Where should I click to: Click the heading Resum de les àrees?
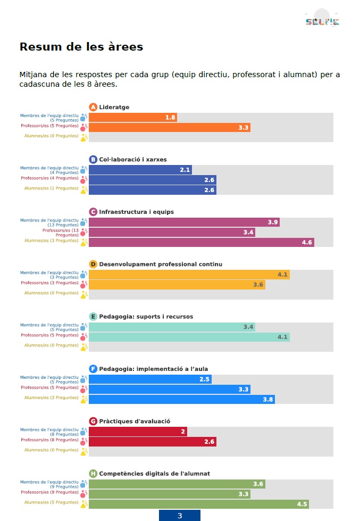coord(81,47)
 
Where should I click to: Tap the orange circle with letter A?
coord(93,107)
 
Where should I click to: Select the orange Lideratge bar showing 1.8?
coord(132,118)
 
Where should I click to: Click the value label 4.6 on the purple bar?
coord(307,243)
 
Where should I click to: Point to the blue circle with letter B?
coord(93,160)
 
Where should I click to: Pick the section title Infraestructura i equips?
coord(136,212)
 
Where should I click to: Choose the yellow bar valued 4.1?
coord(189,275)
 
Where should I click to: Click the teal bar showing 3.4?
coord(172,327)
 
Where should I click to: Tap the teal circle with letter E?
coord(93,317)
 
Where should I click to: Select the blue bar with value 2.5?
coord(150,379)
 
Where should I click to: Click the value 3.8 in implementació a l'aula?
coord(267,400)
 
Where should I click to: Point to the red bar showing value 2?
coord(138,432)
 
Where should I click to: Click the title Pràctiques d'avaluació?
coord(135,421)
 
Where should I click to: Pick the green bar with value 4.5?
coord(198,505)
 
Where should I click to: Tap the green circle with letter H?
coord(93,474)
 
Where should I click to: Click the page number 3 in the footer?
coord(180,516)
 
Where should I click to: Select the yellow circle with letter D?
coord(93,264)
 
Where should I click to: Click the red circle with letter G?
coord(93,421)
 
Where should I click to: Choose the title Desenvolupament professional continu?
coord(161,264)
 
